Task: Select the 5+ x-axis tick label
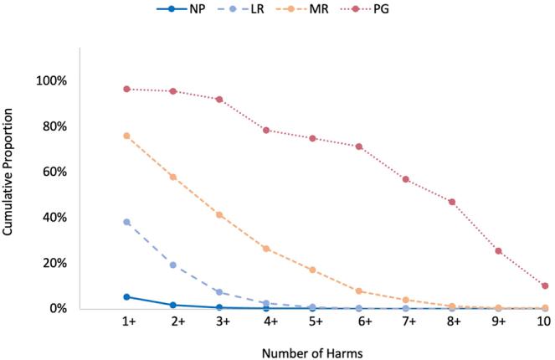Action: pos(312,322)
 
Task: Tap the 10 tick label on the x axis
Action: pos(544,322)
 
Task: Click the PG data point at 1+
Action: pos(126,89)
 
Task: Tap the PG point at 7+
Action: pos(405,179)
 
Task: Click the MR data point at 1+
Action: pos(126,136)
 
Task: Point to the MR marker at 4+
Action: pos(266,249)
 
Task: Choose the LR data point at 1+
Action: pos(126,222)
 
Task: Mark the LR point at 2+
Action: pos(173,265)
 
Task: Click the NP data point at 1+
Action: pos(126,296)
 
